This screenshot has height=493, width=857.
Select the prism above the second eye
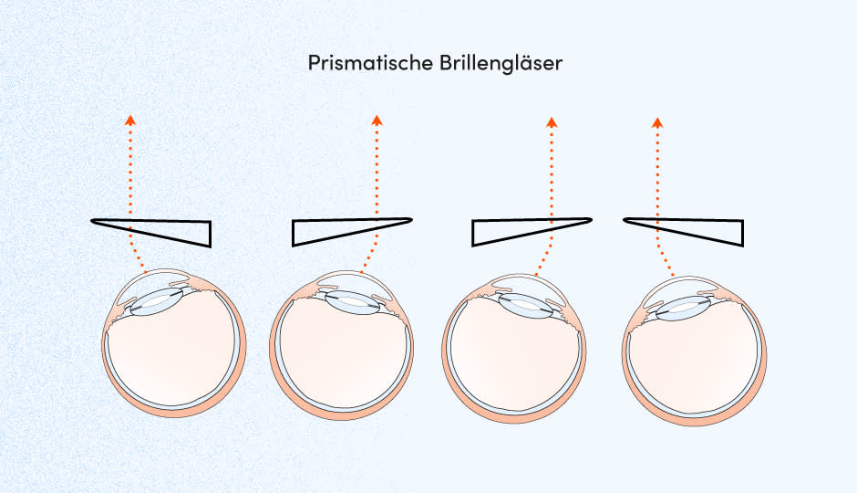(x=328, y=232)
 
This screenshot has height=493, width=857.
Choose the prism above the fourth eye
(x=711, y=231)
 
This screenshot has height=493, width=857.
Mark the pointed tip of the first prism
(x=93, y=221)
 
